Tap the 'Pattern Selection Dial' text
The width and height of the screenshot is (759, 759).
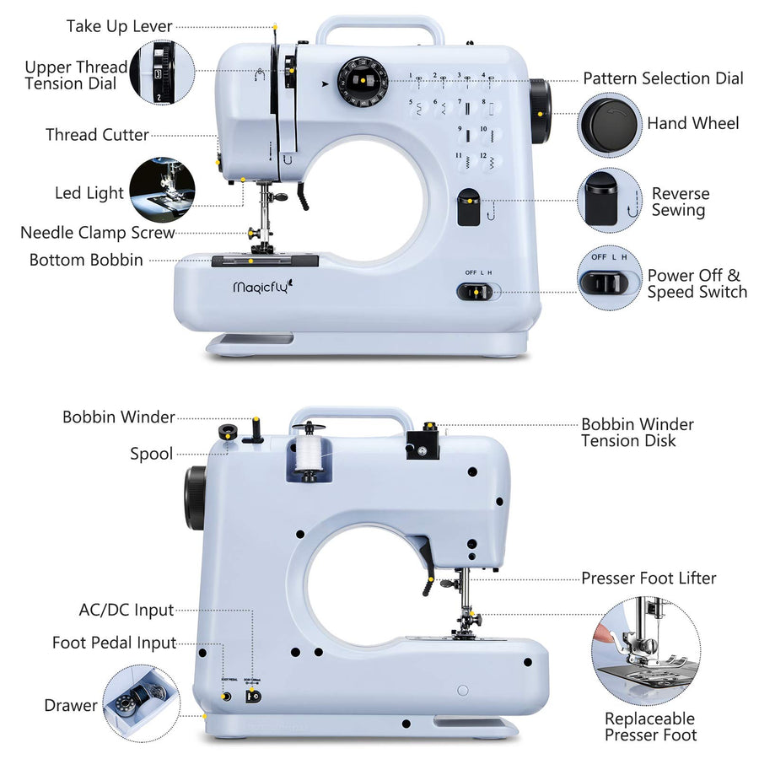663,78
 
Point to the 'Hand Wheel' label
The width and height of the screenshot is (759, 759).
692,123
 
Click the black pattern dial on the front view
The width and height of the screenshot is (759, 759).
362,82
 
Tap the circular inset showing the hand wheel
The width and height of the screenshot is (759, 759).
609,124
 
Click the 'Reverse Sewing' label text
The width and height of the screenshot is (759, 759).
680,202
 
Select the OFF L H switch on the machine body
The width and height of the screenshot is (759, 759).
476,292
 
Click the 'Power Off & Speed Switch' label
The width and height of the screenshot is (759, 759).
697,283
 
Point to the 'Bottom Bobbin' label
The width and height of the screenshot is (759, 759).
86,260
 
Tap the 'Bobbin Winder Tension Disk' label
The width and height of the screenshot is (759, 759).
638,432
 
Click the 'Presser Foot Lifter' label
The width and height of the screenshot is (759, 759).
648,578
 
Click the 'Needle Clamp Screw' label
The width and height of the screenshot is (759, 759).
97,233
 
